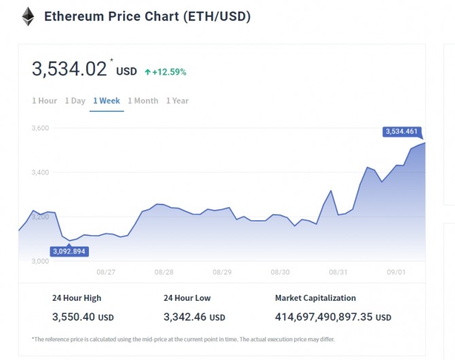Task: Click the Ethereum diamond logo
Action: [28, 16]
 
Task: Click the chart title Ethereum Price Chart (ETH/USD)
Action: [147, 16]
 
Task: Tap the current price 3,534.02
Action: [69, 69]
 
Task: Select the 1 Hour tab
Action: [45, 101]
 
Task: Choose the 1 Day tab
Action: [75, 101]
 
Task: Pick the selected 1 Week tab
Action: [107, 101]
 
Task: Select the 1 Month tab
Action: [143, 101]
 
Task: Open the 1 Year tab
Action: [177, 101]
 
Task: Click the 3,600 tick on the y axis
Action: [41, 128]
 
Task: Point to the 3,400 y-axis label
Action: [41, 173]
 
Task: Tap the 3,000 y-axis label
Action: [41, 261]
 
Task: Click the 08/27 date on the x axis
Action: [106, 272]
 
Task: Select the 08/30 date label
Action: [280, 272]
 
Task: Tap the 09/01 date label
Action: [397, 272]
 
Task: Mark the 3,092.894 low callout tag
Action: [71, 251]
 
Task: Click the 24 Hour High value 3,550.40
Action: [74, 317]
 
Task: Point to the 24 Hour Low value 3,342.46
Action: [185, 317]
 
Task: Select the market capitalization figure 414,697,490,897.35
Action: [324, 317]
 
